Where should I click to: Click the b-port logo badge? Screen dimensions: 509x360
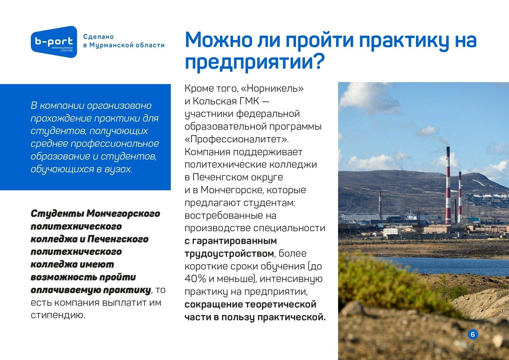pos(54,42)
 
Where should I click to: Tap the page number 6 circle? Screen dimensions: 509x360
pos(473,334)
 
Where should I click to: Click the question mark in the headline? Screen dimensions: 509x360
pos(317,62)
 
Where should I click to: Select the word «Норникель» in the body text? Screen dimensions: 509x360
pos(272,88)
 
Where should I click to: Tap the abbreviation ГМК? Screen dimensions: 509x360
pos(249,101)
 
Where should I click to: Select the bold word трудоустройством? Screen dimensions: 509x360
pos(229,254)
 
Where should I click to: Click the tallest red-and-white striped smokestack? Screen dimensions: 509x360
pos(448,185)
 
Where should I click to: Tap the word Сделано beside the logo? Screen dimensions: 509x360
pos(98,37)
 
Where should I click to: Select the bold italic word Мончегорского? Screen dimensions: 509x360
pos(123,214)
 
